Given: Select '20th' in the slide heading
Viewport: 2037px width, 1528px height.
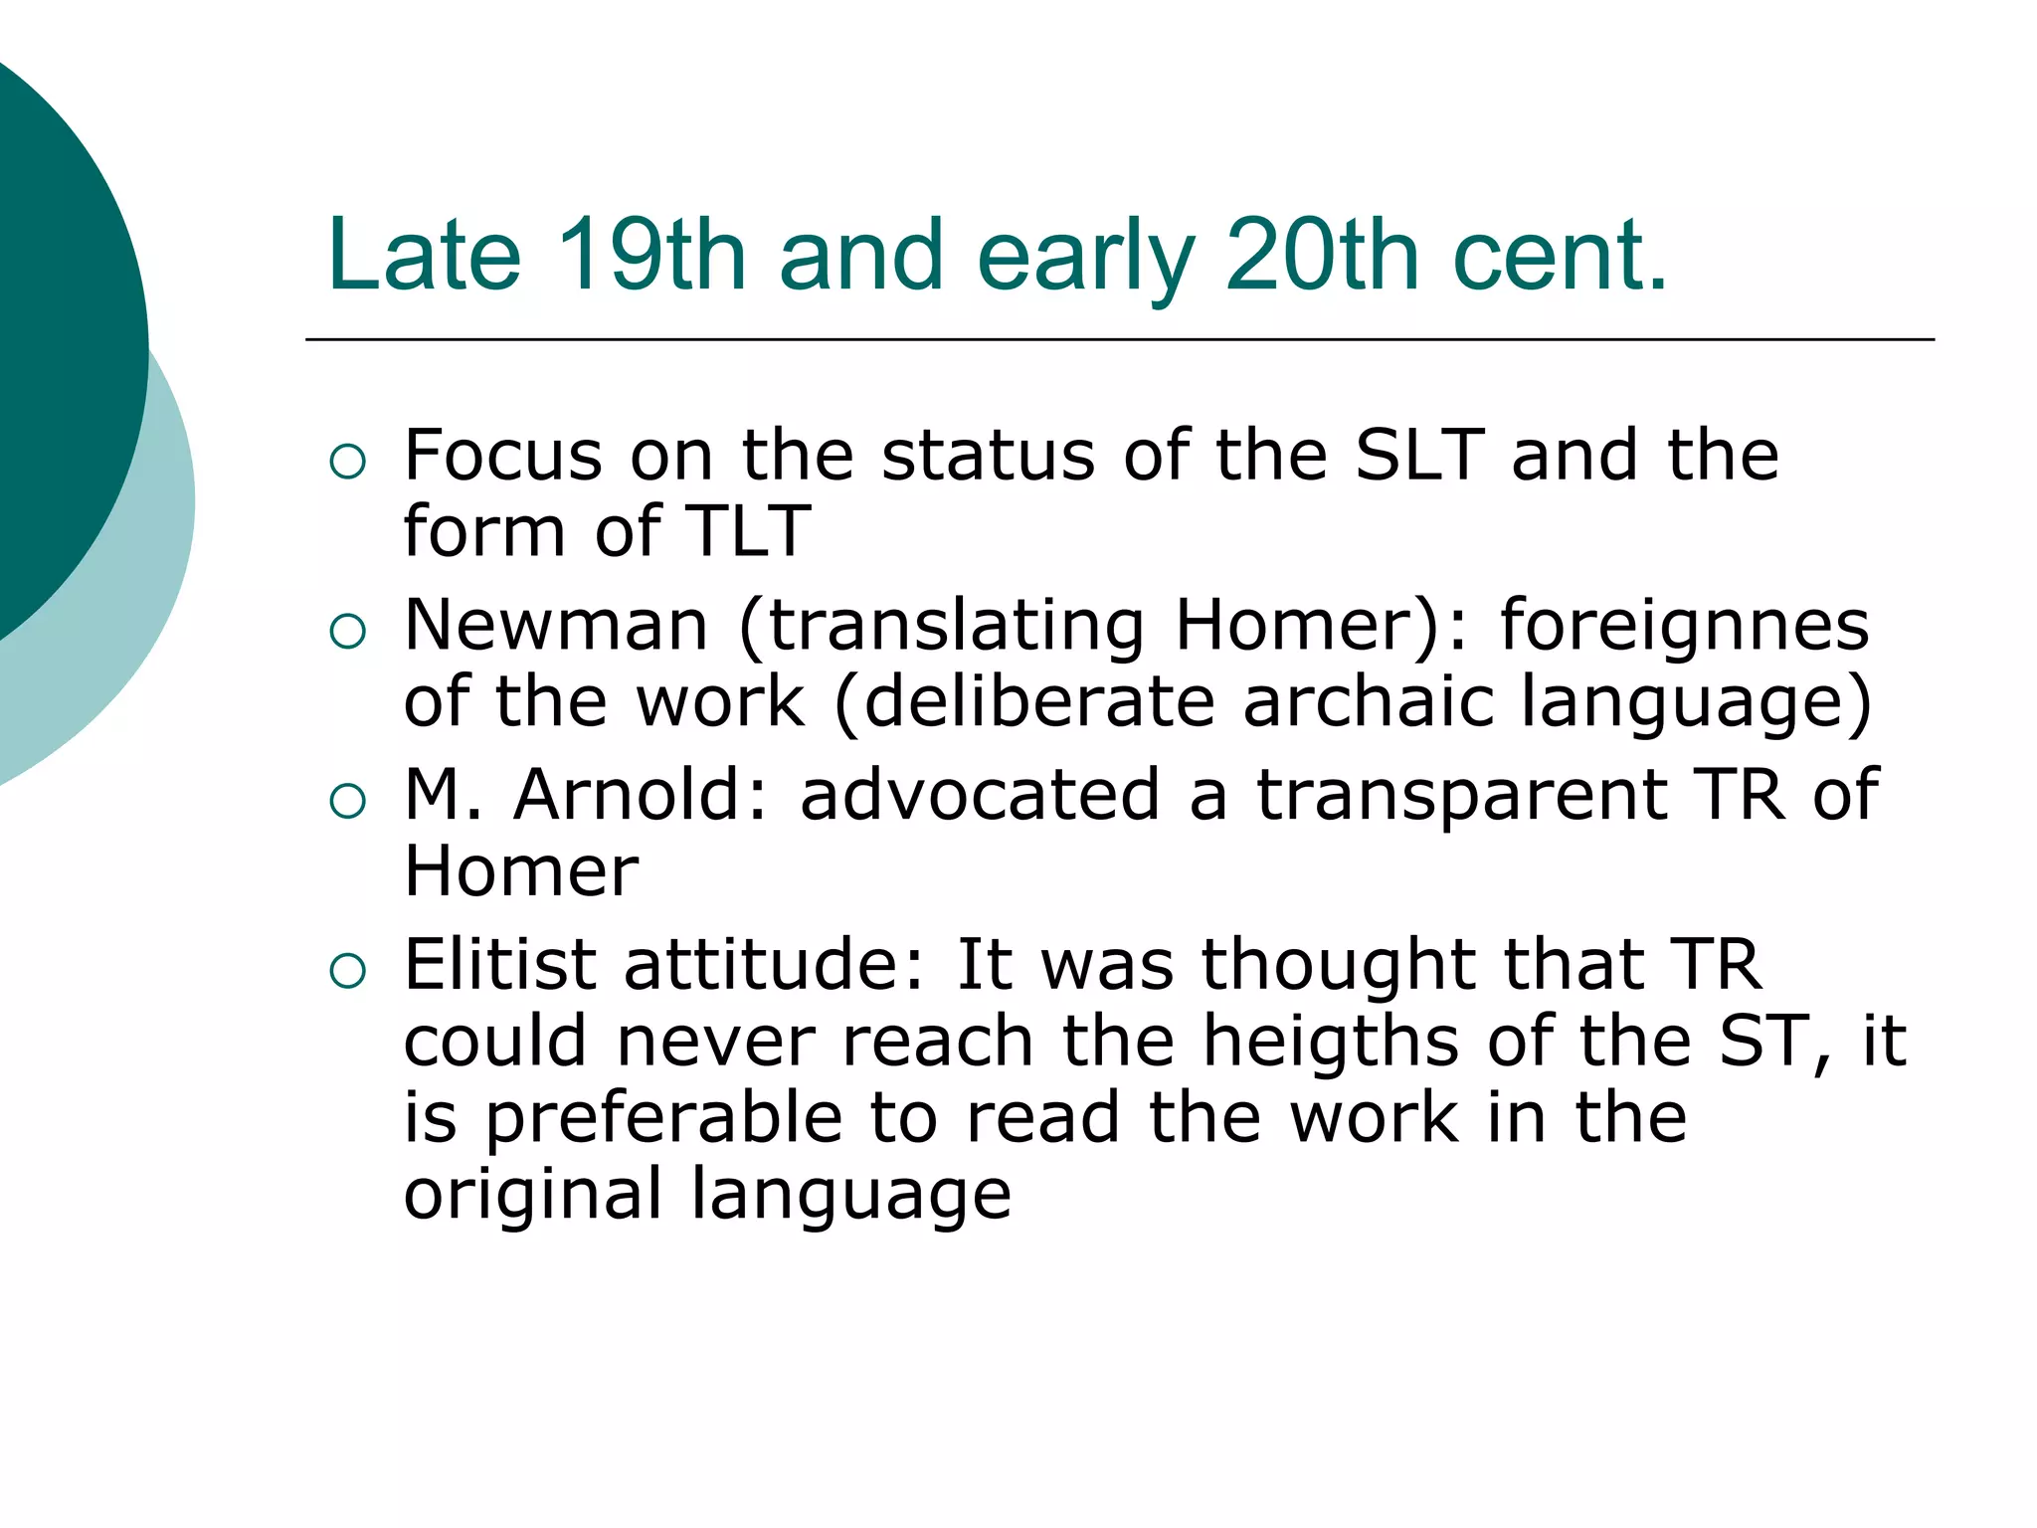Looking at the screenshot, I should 1322,256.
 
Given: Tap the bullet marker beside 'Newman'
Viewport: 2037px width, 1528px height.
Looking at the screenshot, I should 348,631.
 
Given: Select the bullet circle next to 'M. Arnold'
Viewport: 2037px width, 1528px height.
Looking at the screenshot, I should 348,800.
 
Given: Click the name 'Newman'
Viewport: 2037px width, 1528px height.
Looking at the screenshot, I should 556,626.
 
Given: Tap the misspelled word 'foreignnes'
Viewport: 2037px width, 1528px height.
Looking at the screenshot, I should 1684,626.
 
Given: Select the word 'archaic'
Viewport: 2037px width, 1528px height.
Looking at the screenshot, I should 1369,701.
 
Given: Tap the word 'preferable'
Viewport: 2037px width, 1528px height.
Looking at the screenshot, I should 663,1117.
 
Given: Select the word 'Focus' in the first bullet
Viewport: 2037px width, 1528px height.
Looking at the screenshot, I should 503,456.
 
